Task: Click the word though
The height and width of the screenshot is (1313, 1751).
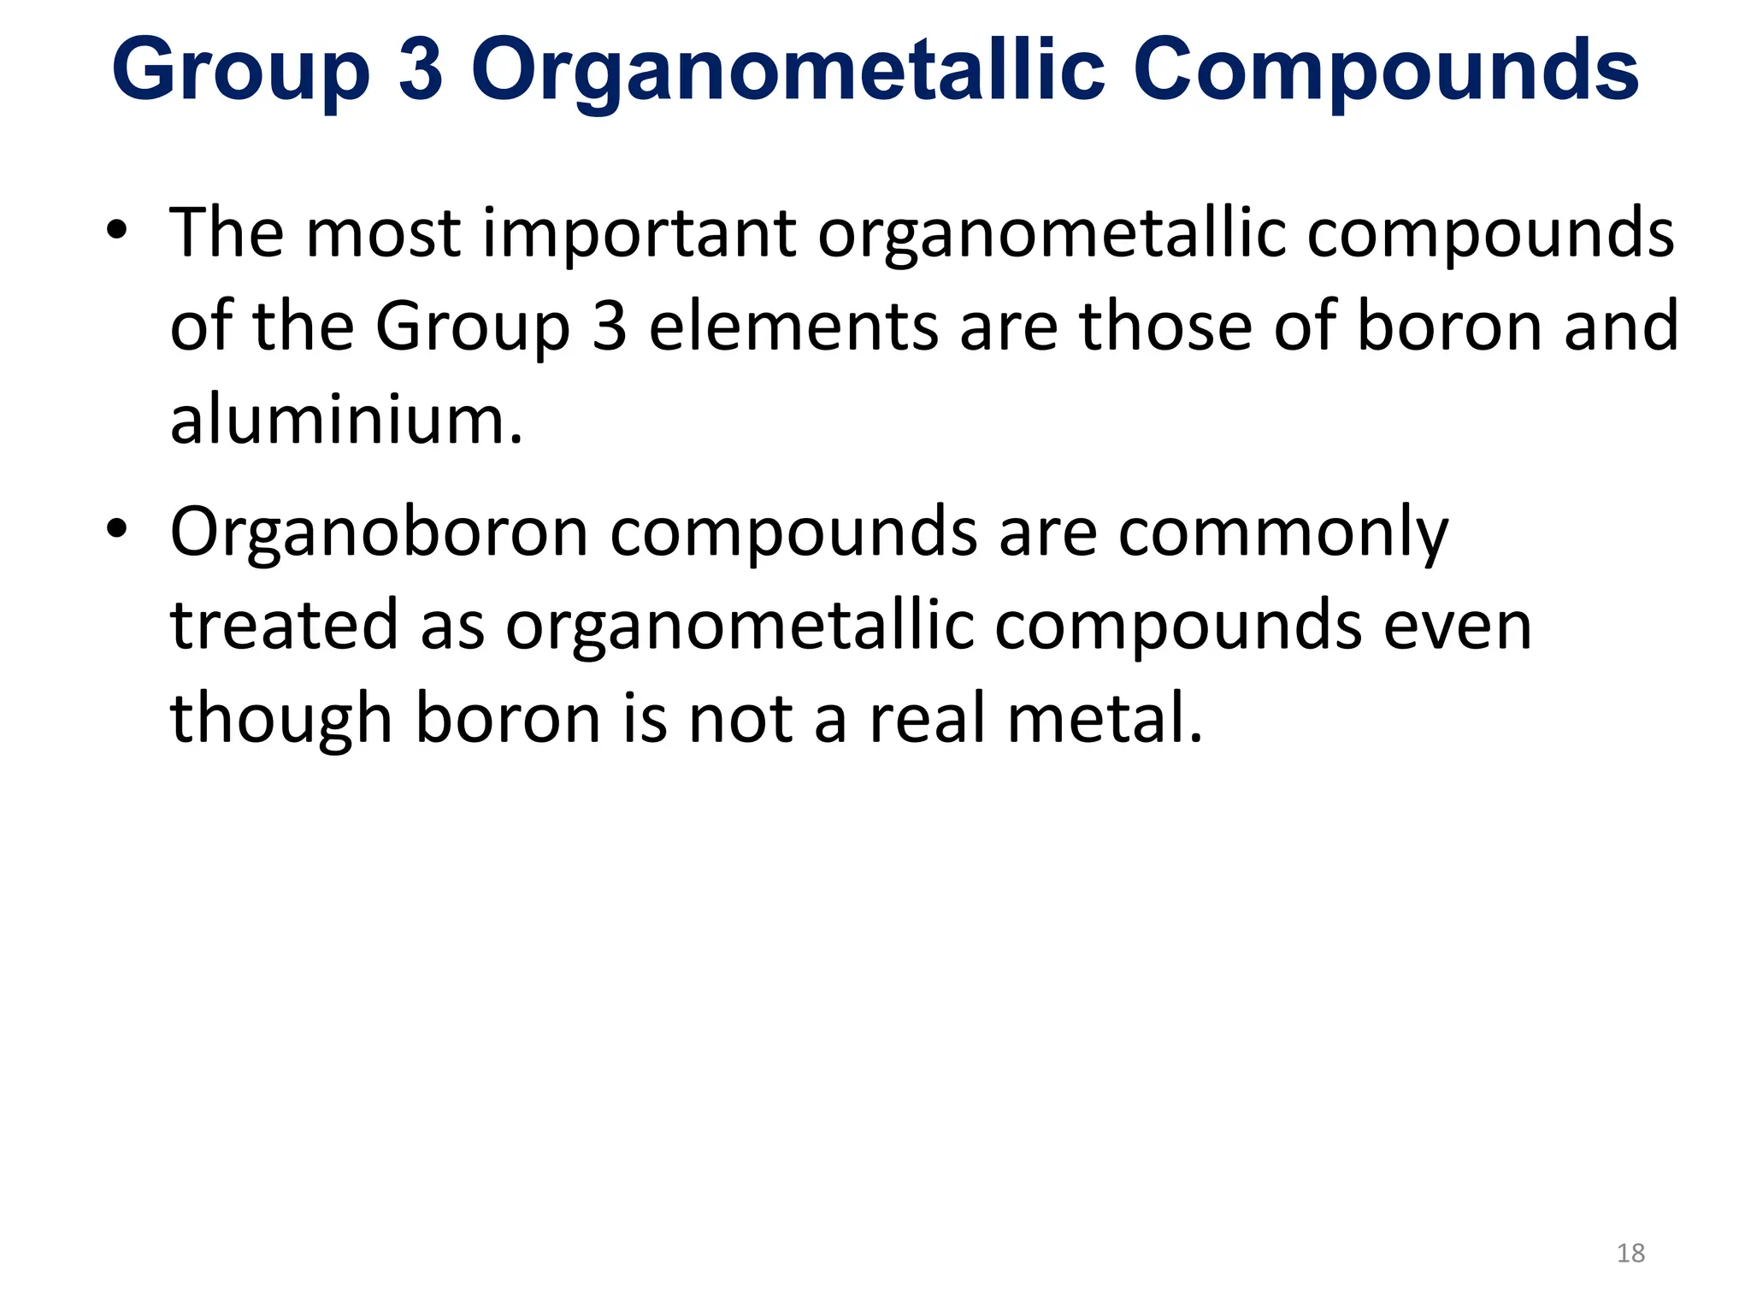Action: click(x=281, y=721)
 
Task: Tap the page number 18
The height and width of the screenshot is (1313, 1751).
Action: click(x=1630, y=1253)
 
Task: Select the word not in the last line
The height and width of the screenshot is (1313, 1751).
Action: click(x=741, y=720)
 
